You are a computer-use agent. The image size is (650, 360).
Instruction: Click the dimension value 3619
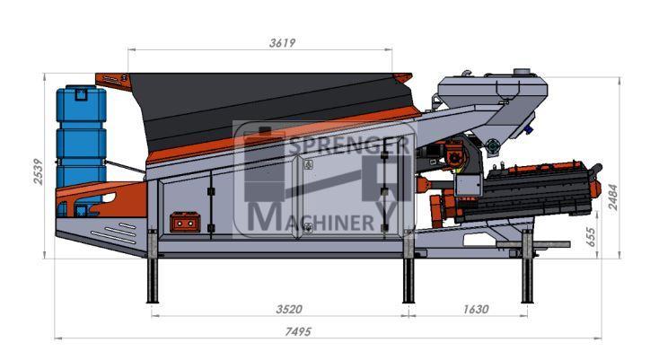coord(282,43)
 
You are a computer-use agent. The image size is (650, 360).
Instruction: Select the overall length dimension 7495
coord(298,332)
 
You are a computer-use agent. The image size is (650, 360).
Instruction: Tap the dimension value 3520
coord(289,310)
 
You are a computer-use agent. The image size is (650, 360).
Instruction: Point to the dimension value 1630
coord(476,310)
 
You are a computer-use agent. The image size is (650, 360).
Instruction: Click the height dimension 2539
coord(38,171)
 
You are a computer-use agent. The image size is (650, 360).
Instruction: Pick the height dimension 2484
coord(613,197)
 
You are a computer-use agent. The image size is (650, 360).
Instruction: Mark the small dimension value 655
coord(592,237)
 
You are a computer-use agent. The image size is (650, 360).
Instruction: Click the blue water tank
coord(81,136)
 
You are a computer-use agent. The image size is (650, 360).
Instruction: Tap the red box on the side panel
coord(185,223)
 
